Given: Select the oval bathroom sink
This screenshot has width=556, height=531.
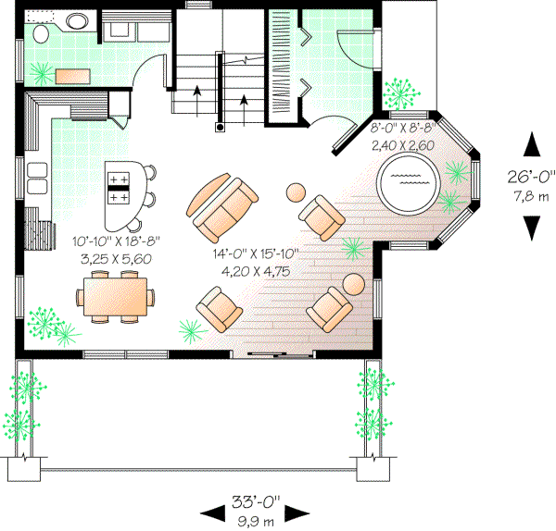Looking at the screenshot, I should pos(78,19).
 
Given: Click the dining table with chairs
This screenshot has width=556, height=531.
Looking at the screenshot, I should pos(118,299).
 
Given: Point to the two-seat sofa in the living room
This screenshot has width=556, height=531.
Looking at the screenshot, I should pos(222,204).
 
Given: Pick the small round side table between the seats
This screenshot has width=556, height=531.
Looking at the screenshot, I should pos(296,193).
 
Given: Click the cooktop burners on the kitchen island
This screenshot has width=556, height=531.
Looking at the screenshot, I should pos(119,186).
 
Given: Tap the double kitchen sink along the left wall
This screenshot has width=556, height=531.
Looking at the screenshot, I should pos(36,178).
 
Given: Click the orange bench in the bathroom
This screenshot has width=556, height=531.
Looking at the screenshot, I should pos(74,76).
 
